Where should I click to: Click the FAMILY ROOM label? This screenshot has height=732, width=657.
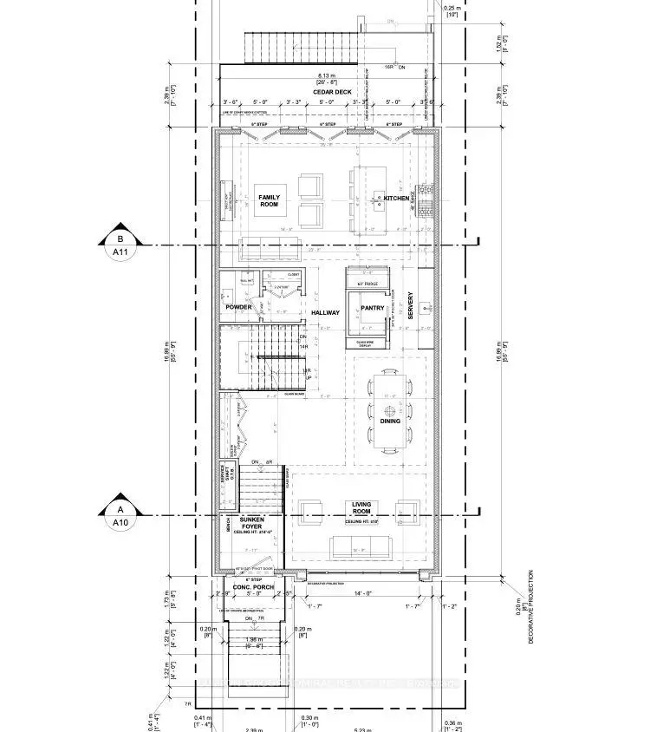click(x=270, y=201)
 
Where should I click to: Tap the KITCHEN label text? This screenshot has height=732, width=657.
click(x=396, y=199)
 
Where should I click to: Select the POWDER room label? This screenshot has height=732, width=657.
click(x=238, y=307)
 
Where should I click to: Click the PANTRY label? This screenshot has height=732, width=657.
click(x=373, y=308)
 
